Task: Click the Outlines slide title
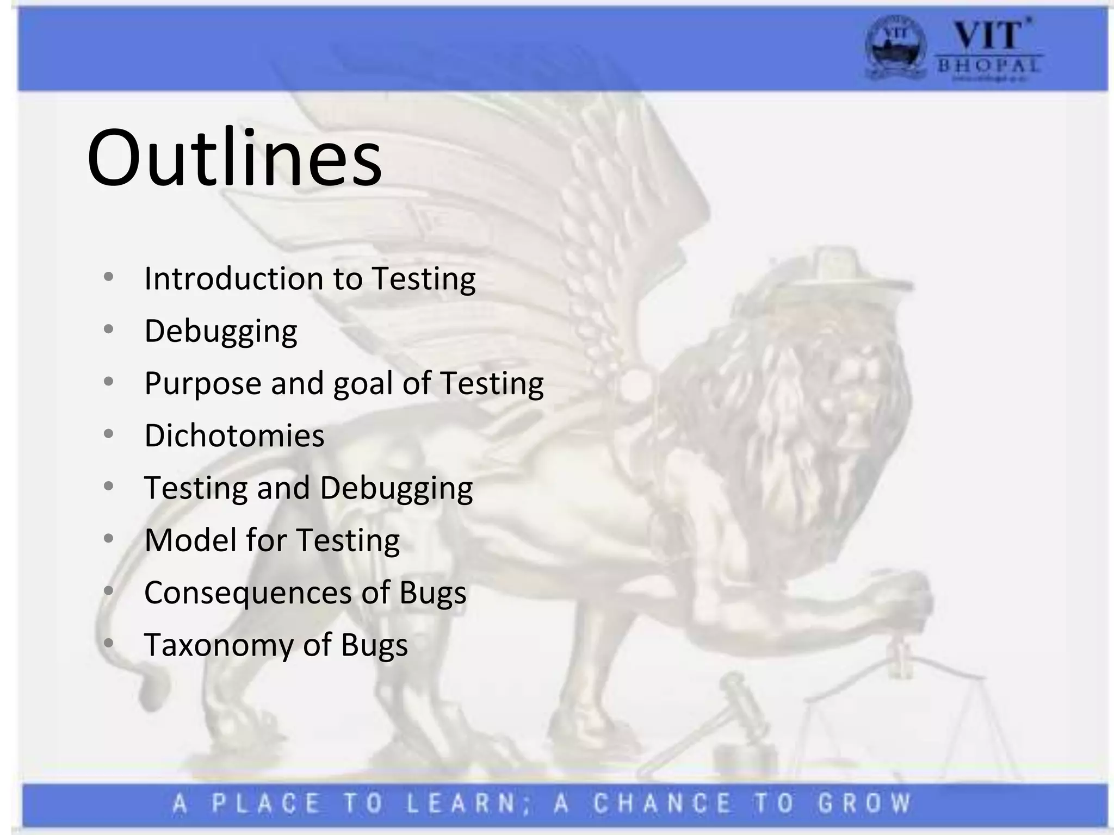pos(234,158)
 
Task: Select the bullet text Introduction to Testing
pos(310,278)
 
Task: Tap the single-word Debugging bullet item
pos(220,331)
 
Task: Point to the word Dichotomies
pos(234,435)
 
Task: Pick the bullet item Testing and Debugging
pos(308,488)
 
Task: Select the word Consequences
pos(247,592)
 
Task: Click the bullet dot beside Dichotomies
pos(108,434)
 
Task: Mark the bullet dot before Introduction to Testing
pos(108,277)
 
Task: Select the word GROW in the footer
pos(865,803)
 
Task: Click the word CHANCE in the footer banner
pos(663,803)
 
